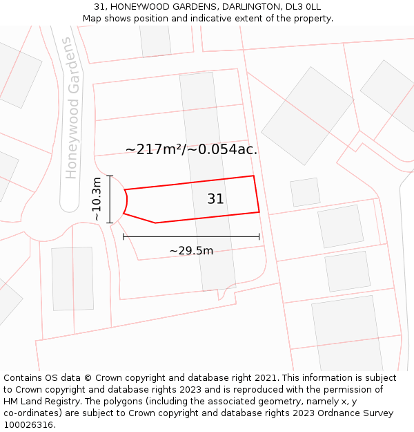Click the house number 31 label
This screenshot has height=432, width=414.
(215, 199)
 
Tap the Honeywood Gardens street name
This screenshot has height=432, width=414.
(71, 109)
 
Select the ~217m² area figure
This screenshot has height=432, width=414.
(153, 149)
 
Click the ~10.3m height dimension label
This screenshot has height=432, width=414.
(97, 199)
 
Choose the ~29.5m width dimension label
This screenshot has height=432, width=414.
(191, 250)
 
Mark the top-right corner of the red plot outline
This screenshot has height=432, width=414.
(254, 176)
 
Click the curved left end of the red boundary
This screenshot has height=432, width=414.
(127, 201)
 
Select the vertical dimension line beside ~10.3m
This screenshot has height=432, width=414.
(110, 199)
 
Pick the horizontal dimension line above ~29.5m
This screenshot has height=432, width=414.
(191, 236)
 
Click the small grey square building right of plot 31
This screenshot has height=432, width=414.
(305, 192)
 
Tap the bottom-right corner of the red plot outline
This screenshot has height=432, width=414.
(259, 212)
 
